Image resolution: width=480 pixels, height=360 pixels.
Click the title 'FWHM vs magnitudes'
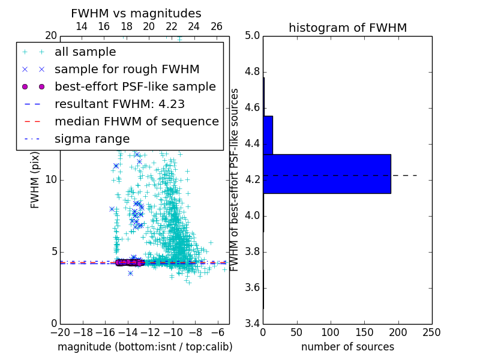click(136, 13)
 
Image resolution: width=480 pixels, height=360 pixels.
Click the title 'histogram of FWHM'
click(347, 28)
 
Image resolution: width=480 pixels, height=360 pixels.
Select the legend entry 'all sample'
click(85, 52)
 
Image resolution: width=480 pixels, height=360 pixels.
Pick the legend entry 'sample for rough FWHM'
click(127, 69)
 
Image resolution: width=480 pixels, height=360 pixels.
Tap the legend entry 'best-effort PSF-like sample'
click(135, 86)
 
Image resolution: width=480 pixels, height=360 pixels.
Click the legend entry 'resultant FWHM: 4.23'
click(119, 104)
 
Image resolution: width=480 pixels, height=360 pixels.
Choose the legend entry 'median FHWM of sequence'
click(136, 121)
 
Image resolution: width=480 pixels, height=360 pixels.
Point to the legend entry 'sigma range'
click(92, 139)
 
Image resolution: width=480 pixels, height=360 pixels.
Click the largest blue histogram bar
click(327, 174)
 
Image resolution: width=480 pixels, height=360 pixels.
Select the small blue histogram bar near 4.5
click(268, 135)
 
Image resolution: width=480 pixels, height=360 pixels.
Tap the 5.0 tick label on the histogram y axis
click(252, 36)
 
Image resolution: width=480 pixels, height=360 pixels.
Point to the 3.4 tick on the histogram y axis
click(252, 323)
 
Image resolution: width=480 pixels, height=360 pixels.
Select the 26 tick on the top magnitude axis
click(217, 26)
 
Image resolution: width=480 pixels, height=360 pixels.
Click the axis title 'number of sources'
click(347, 347)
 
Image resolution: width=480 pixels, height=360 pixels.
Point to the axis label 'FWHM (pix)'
click(35, 180)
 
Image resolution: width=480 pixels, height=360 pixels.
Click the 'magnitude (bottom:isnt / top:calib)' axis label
click(145, 347)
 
